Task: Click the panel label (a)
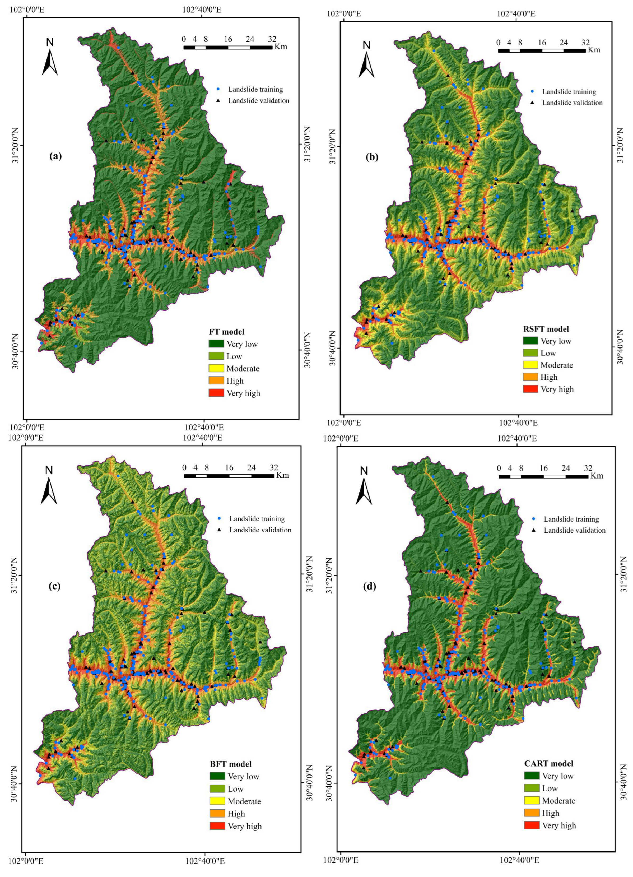(x=55, y=156)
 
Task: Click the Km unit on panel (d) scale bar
(x=597, y=476)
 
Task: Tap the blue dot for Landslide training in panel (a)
(x=218, y=89)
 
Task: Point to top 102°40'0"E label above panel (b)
(x=516, y=13)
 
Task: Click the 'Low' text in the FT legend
(x=234, y=356)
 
